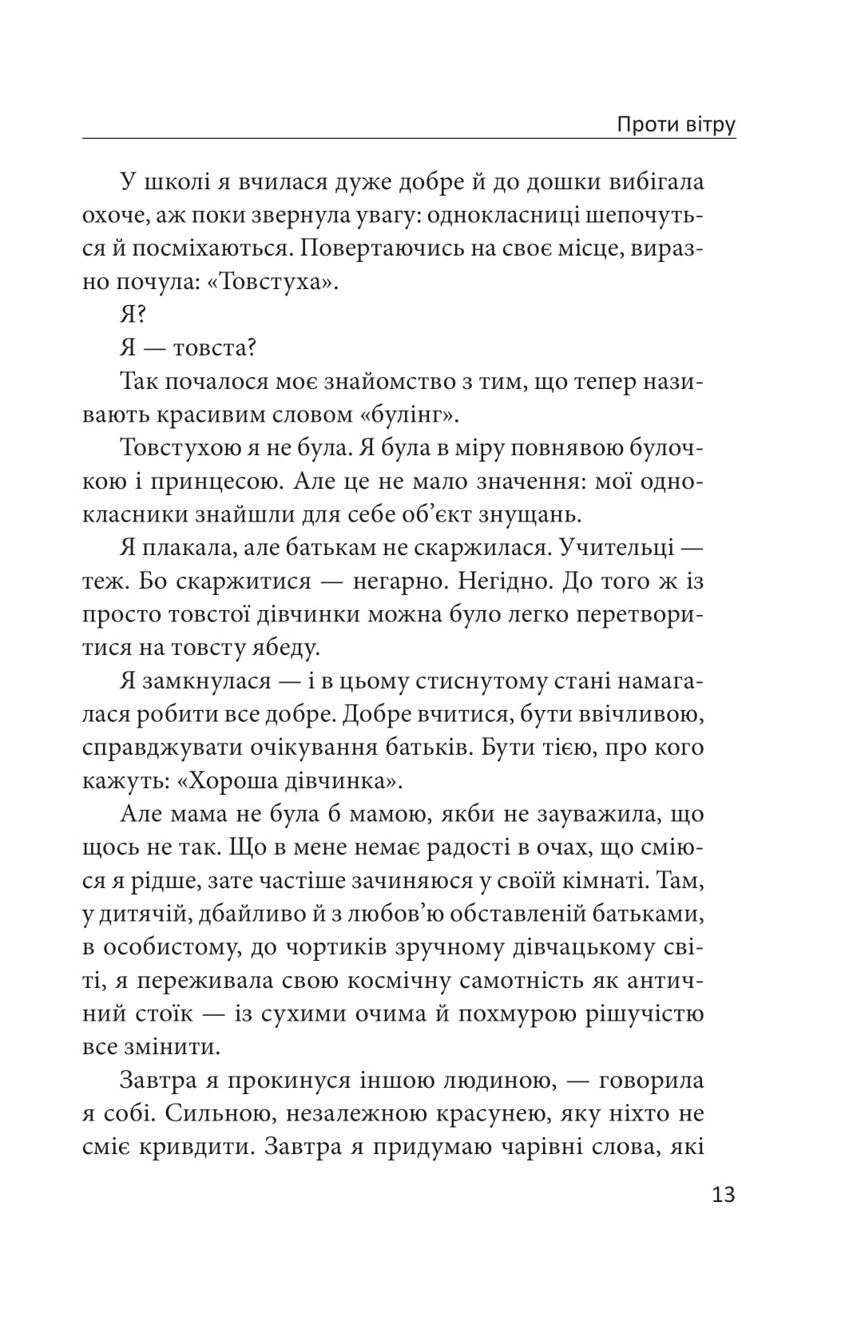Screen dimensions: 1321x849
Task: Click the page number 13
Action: (x=722, y=1195)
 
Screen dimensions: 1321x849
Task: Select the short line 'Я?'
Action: (x=133, y=315)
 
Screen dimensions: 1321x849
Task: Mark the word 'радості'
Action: (x=474, y=848)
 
